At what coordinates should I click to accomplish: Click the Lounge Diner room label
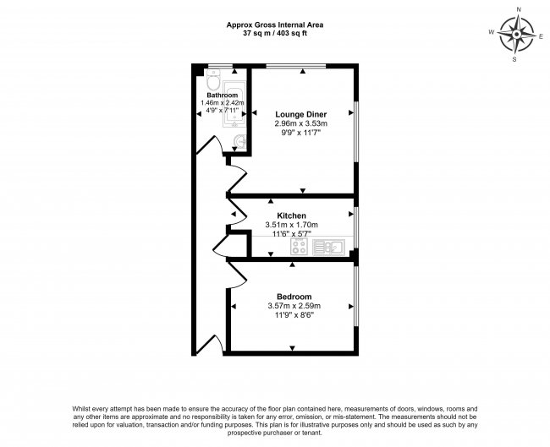point(301,113)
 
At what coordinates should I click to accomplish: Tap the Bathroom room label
point(221,95)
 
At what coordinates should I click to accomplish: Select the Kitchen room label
point(290,215)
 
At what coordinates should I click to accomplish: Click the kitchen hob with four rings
point(300,247)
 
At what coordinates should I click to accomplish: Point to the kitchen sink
point(327,247)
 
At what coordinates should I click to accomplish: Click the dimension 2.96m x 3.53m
point(301,123)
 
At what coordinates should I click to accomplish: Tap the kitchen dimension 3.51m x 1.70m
point(290,225)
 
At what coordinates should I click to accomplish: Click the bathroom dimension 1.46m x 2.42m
point(222,103)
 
